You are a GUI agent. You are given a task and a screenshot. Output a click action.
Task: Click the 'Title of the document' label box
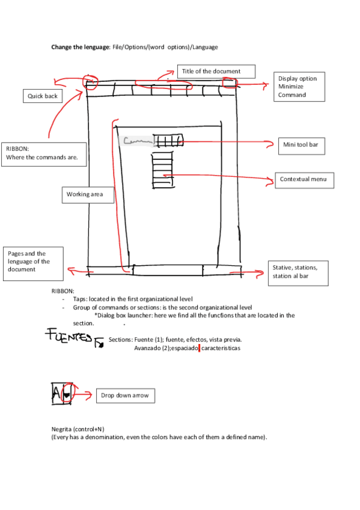pos(216,72)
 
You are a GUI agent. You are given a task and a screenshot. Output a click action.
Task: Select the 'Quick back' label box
pos(43,96)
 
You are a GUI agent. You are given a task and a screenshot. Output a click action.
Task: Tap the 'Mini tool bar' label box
pos(301,144)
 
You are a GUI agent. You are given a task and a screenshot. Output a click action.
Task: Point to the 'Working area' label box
pos(88,194)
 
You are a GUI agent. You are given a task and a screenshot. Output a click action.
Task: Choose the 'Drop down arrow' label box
pos(125,395)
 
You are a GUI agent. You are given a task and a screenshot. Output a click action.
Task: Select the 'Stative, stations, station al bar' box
pos(298,273)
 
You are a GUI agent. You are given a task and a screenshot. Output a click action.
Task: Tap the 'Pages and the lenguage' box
pos(33,263)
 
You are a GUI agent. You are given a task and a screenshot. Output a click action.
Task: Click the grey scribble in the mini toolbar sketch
pos(136,141)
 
